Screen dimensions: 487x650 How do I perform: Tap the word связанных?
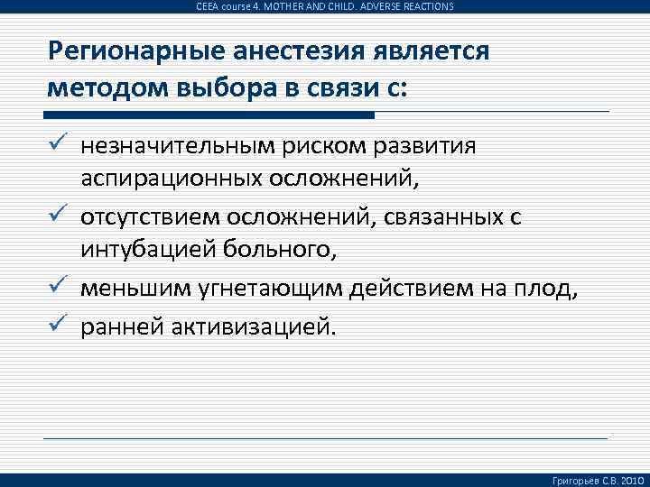(451, 217)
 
